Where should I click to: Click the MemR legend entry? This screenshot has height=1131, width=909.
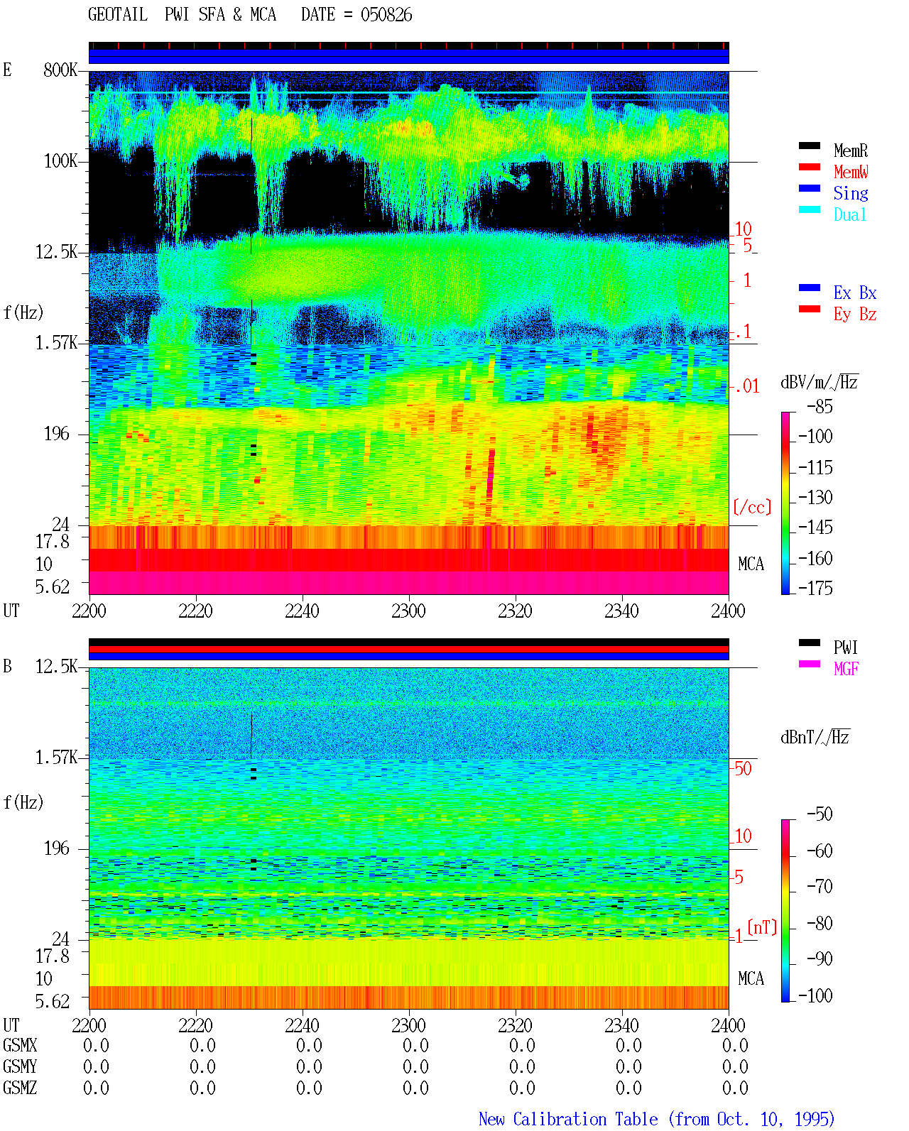(x=850, y=151)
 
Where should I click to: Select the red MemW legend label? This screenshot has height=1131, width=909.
(x=850, y=172)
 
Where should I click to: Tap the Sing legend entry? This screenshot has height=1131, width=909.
(x=850, y=193)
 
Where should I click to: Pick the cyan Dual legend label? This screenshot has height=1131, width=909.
(x=849, y=214)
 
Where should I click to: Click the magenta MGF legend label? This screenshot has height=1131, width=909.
(x=846, y=669)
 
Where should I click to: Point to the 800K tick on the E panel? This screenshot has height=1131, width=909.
(x=60, y=70)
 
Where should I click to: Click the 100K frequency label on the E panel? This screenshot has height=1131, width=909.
(x=60, y=161)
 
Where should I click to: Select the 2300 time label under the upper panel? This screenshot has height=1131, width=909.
(x=408, y=611)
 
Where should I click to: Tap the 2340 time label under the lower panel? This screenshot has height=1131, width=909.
(x=621, y=1025)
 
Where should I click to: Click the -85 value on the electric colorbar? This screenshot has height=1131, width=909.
(x=820, y=406)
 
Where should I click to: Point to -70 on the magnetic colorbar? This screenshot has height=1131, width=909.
(x=820, y=887)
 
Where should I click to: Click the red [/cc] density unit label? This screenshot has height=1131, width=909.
(x=752, y=507)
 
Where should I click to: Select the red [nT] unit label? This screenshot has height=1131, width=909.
(x=762, y=927)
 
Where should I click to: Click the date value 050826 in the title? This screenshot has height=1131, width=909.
(x=386, y=15)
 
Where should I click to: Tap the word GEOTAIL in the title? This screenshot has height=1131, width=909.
(x=118, y=15)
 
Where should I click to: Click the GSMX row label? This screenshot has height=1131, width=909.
(x=20, y=1045)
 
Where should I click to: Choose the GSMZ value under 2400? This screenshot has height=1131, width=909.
(x=735, y=1088)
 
